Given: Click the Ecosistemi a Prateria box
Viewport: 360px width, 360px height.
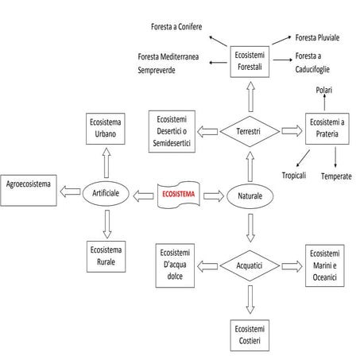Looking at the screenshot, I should [x=328, y=130].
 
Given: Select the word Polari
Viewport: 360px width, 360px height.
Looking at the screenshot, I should [x=324, y=90].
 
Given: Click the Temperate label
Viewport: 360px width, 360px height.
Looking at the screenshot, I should [x=336, y=176].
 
